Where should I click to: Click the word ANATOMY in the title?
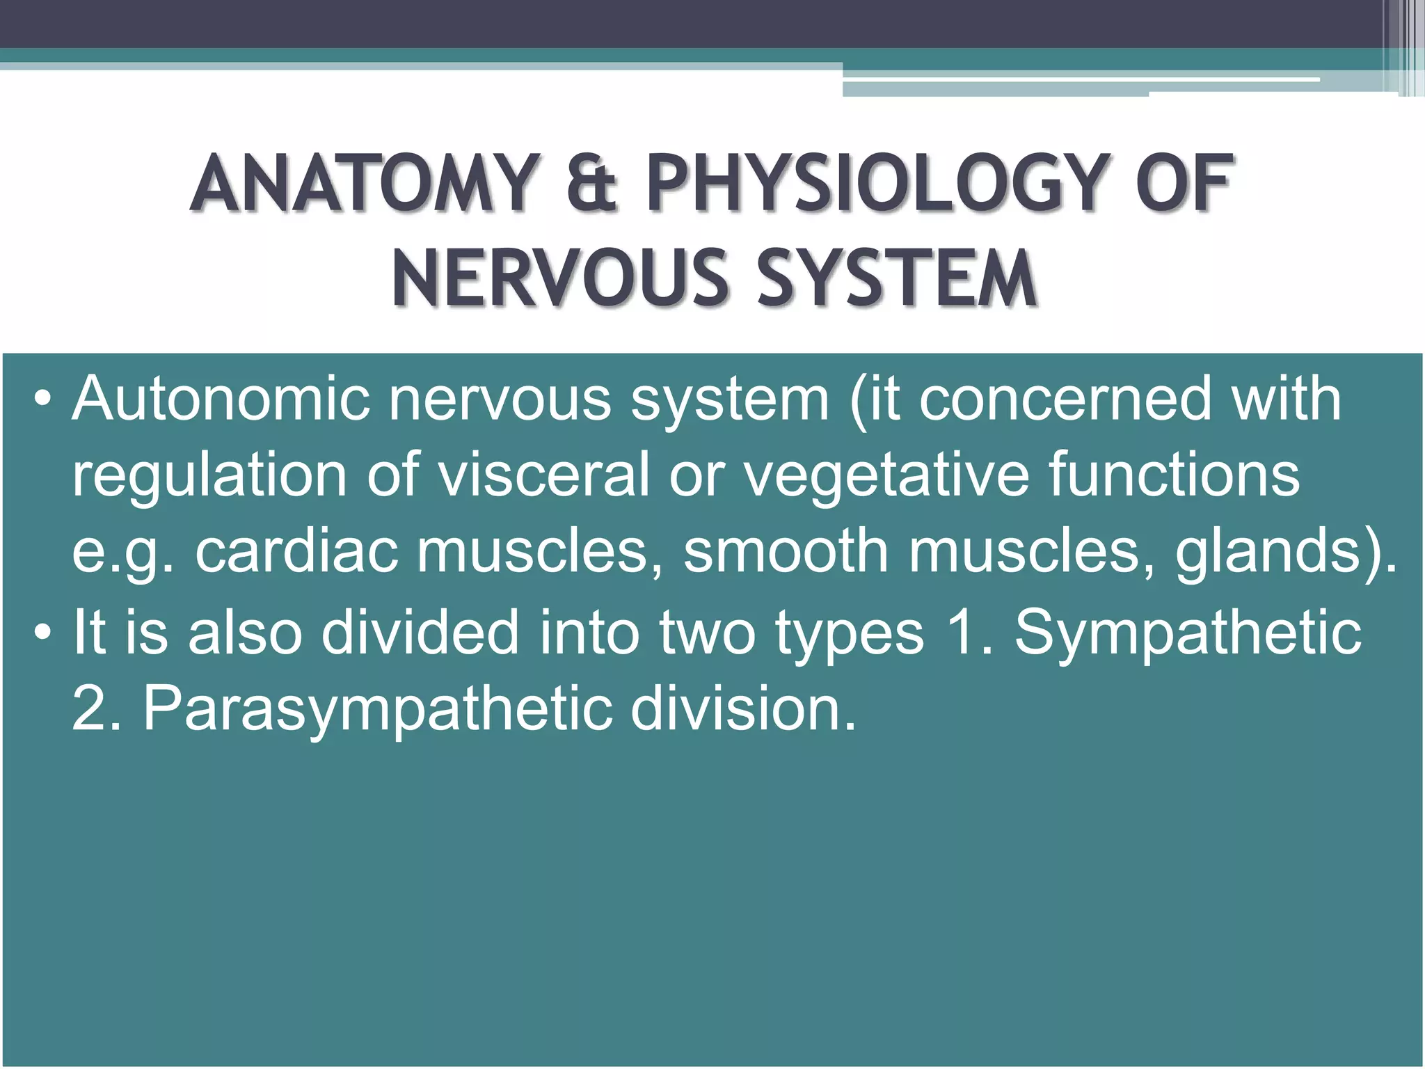tap(361, 184)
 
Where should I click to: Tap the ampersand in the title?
tap(591, 184)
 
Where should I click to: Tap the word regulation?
tap(209, 476)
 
